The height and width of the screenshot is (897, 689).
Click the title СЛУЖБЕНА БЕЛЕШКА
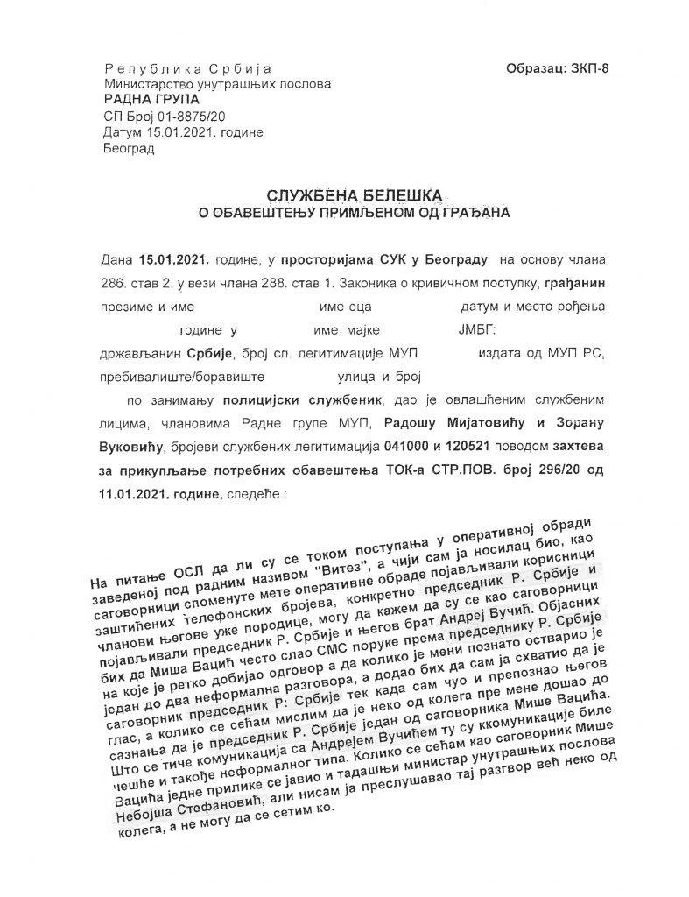coord(343,194)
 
